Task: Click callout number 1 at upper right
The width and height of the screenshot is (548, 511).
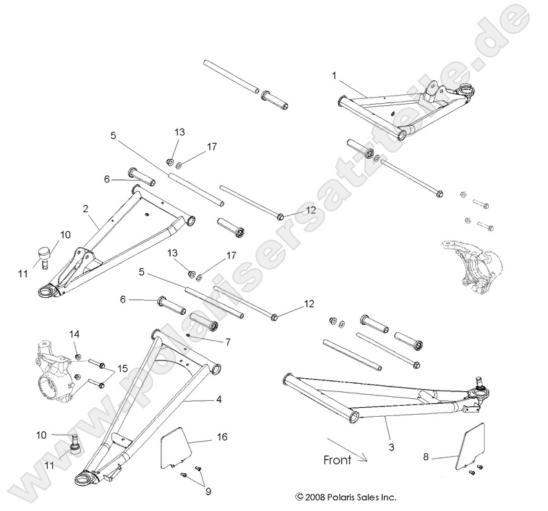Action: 334,74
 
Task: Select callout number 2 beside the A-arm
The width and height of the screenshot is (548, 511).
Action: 85,207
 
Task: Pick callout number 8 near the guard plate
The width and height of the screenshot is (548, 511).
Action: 426,455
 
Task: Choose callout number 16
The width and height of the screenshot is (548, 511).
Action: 222,437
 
